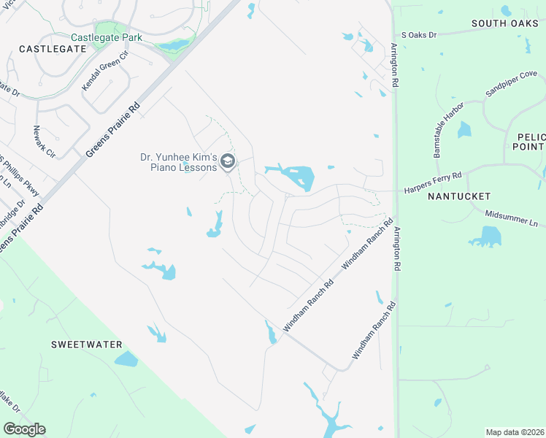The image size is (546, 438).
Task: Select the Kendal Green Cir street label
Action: [x=104, y=71]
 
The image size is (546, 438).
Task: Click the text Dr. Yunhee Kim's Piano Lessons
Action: [x=179, y=161]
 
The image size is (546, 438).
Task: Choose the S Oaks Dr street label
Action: [x=418, y=34]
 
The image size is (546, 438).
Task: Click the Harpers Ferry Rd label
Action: [x=433, y=176]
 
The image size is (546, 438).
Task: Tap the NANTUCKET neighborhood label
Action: [x=458, y=197]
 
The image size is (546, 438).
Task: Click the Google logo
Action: [x=24, y=429]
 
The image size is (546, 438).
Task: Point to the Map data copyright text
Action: [x=515, y=432]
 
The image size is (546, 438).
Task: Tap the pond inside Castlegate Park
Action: [x=174, y=45]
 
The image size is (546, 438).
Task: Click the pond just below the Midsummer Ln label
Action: [x=488, y=237]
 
